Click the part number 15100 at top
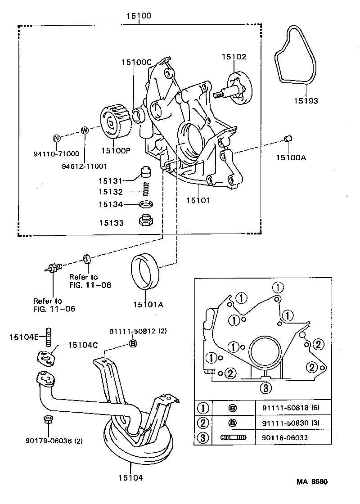tap(139, 16)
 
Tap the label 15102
tap(234, 57)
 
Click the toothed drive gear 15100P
tap(114, 122)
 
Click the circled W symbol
tap(84, 130)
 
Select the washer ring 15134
tap(145, 205)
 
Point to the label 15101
tap(198, 200)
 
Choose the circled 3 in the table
tap(203, 438)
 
